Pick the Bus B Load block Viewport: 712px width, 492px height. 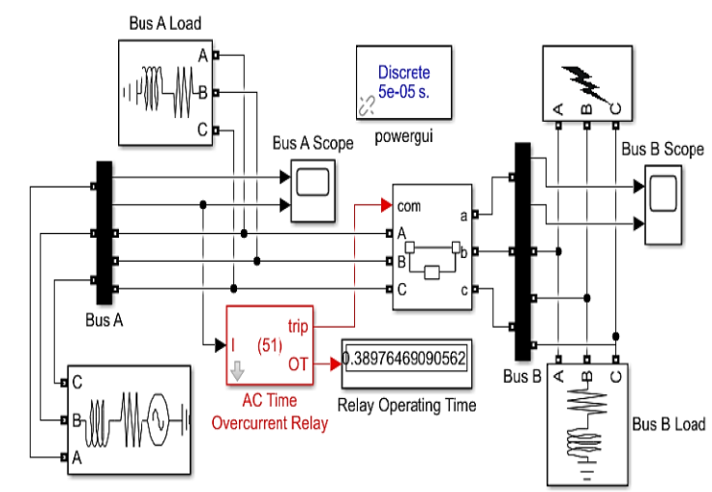pyautogui.click(x=586, y=423)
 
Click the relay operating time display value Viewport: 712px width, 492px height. pyautogui.click(x=403, y=360)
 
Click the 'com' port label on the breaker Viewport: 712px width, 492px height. pyautogui.click(x=407, y=206)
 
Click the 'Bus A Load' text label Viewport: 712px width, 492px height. pyautogui.click(x=165, y=22)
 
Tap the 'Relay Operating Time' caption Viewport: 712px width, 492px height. pyautogui.click(x=406, y=405)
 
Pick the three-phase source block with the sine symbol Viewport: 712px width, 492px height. pyautogui.click(x=126, y=422)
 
